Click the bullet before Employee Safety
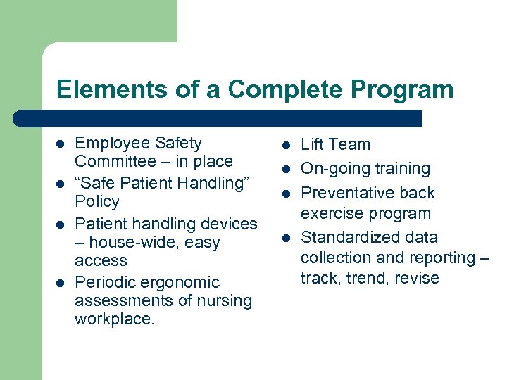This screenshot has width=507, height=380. click(x=61, y=144)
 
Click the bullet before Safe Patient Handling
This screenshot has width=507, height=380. click(x=61, y=184)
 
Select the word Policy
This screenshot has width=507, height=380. click(x=97, y=201)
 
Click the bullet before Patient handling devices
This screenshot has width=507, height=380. click(x=61, y=224)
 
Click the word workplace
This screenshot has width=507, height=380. click(x=113, y=319)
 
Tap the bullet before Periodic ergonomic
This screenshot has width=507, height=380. click(x=61, y=283)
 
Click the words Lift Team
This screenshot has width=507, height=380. click(x=335, y=144)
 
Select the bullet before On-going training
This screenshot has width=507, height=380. click(x=287, y=169)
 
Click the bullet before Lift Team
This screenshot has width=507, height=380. click(x=287, y=145)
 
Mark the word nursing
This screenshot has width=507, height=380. click(x=227, y=300)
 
